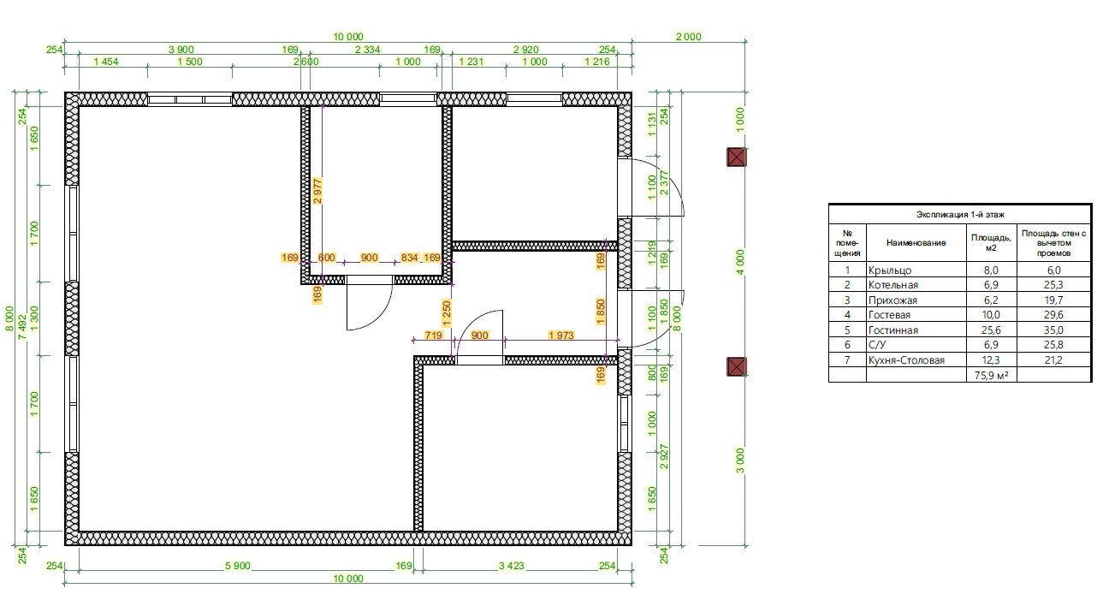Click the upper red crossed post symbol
pyautogui.click(x=736, y=157)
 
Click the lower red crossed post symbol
pyautogui.click(x=736, y=367)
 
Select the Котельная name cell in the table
pyautogui.click(x=893, y=285)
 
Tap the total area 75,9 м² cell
pyautogui.click(x=991, y=376)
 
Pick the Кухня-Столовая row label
pyautogui.click(x=906, y=360)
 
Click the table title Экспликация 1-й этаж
pyautogui.click(x=960, y=214)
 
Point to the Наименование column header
pyautogui.click(x=916, y=242)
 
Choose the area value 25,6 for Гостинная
pyautogui.click(x=991, y=330)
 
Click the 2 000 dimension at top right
pyautogui.click(x=688, y=37)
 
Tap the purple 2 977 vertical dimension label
pyautogui.click(x=317, y=191)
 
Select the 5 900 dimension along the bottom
pyautogui.click(x=238, y=566)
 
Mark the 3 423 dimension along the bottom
pyautogui.click(x=512, y=566)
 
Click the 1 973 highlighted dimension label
pyautogui.click(x=561, y=335)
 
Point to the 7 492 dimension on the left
pyautogui.click(x=22, y=327)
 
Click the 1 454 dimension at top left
pyautogui.click(x=106, y=62)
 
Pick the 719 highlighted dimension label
pyautogui.click(x=433, y=335)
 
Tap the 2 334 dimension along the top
pyautogui.click(x=367, y=50)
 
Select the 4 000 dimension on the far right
pyautogui.click(x=740, y=262)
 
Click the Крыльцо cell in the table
pyautogui.click(x=890, y=270)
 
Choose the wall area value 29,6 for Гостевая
pyautogui.click(x=1053, y=315)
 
